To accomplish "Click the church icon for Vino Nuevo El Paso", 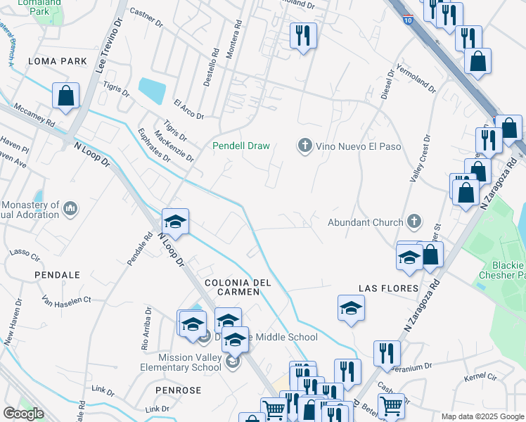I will (304, 146).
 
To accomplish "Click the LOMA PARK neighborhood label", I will (58, 61).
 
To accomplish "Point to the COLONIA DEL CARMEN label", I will (238, 288).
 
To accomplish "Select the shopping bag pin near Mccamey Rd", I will (65, 96).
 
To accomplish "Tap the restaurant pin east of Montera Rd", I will (303, 35).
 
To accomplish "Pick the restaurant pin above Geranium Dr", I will (386, 354).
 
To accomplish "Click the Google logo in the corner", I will (23, 414).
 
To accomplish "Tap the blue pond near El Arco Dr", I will (152, 90).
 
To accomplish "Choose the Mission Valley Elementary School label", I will (189, 362).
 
